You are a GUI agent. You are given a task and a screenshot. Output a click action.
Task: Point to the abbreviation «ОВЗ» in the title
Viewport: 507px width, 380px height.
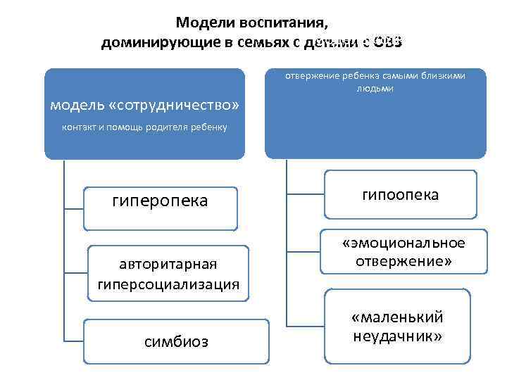pos(387,42)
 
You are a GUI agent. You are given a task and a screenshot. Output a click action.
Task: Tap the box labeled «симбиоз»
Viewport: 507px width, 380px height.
pos(175,341)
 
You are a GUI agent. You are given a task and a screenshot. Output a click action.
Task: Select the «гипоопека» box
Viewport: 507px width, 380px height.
pos(400,194)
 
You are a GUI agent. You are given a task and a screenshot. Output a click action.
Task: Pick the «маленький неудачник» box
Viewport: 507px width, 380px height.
pos(399,327)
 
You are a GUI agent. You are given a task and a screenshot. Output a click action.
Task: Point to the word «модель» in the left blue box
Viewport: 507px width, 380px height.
pos(75,106)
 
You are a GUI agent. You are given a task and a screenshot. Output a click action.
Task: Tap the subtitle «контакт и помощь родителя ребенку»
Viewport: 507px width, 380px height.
pos(144,127)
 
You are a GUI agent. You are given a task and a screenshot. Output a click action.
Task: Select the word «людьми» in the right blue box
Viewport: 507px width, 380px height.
pos(375,89)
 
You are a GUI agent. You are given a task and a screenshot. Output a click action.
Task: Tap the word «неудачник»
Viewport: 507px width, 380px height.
pos(399,336)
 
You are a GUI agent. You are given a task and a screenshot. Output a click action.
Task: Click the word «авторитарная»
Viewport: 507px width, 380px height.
pos(168,265)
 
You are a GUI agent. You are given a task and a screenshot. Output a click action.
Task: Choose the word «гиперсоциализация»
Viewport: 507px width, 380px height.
pos(168,284)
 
